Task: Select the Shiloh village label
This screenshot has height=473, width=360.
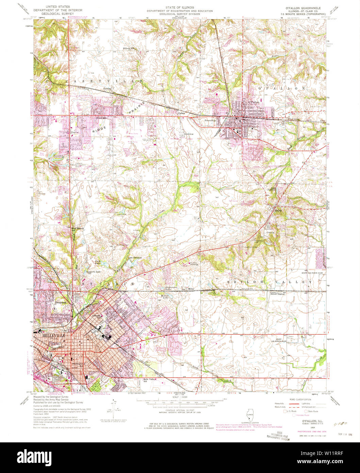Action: (x=279, y=210)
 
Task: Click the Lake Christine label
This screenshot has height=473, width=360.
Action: (x=135, y=258)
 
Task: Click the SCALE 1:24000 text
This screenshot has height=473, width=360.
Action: (x=180, y=397)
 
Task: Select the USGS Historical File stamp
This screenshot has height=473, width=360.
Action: (x=278, y=437)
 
